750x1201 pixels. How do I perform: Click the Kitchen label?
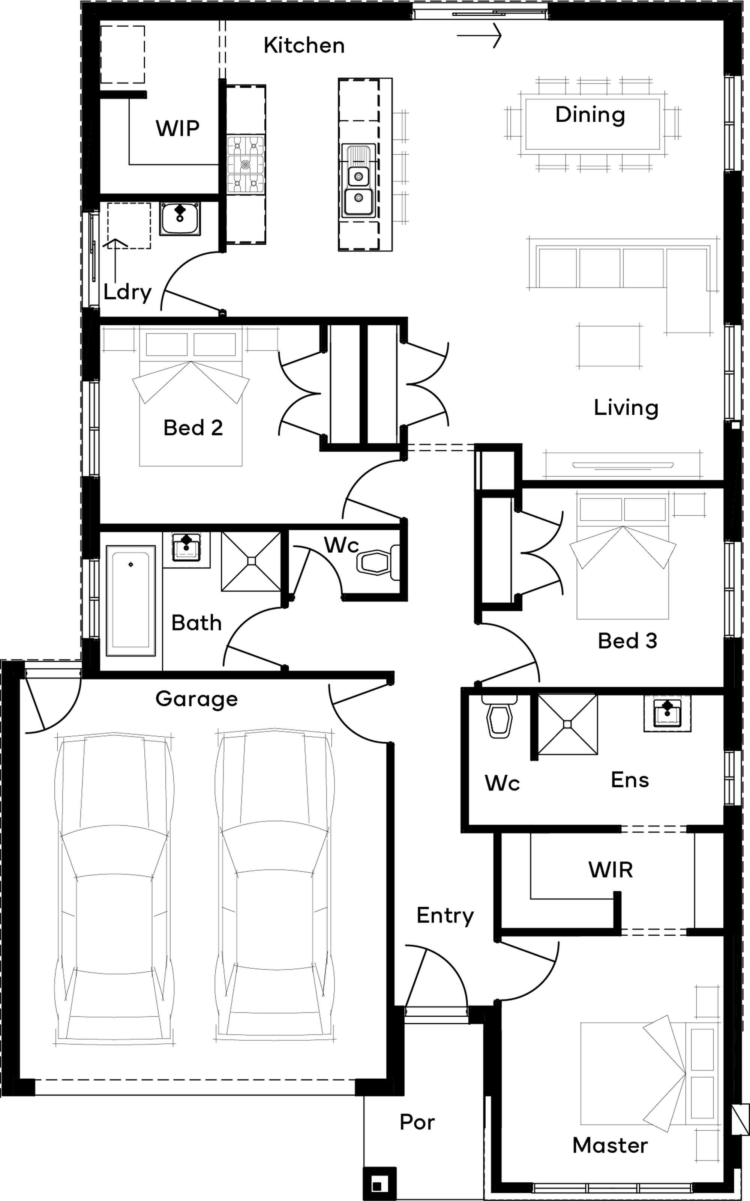[x=304, y=46]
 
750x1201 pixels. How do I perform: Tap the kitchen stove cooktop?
[x=246, y=164]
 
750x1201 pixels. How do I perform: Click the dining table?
[x=592, y=124]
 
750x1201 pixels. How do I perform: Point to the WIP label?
[x=178, y=128]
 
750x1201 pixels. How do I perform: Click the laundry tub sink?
[x=180, y=219]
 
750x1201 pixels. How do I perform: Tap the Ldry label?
[x=127, y=292]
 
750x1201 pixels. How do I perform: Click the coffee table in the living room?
[x=609, y=346]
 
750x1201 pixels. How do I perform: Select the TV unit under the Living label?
[x=623, y=465]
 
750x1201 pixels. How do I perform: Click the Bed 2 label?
[x=193, y=428]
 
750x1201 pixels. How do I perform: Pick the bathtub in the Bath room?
[x=130, y=600]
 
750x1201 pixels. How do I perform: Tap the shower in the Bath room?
[x=251, y=561]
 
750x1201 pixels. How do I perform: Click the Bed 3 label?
[x=627, y=641]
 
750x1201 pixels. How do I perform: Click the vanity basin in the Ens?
[x=667, y=713]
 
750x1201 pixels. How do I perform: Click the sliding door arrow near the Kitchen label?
[x=479, y=36]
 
